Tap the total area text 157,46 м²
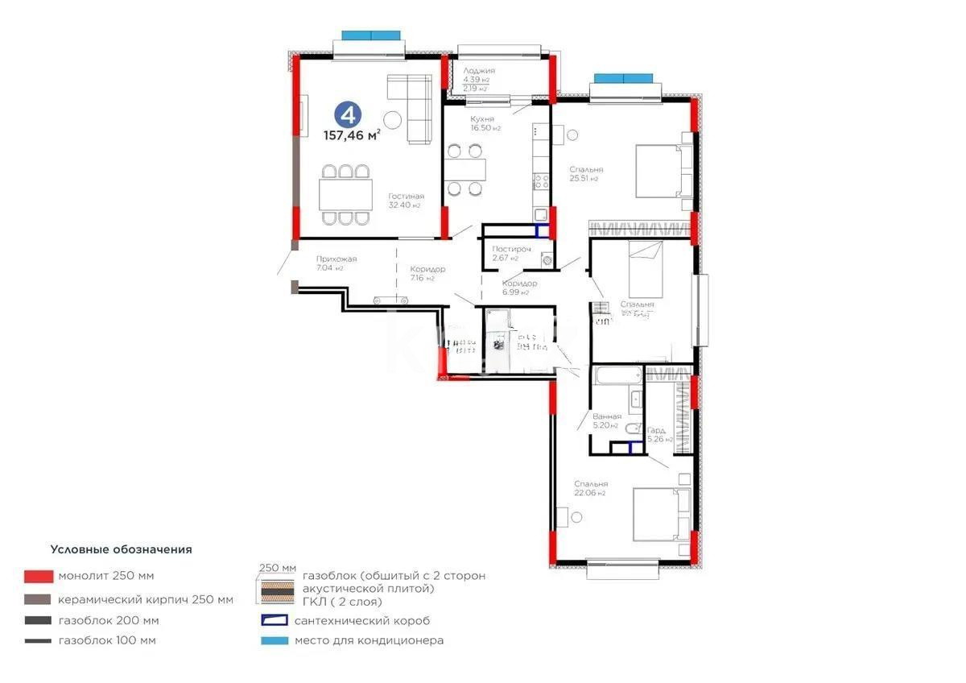(x=352, y=135)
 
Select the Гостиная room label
(x=406, y=197)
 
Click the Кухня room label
(x=483, y=119)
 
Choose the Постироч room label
(x=512, y=250)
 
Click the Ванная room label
(x=607, y=416)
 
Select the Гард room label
(x=657, y=431)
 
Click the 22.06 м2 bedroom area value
(x=589, y=493)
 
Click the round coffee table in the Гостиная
(x=392, y=118)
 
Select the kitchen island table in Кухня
(x=467, y=170)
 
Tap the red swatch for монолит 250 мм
(x=39, y=576)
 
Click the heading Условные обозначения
(x=122, y=549)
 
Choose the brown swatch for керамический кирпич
(x=39, y=599)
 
